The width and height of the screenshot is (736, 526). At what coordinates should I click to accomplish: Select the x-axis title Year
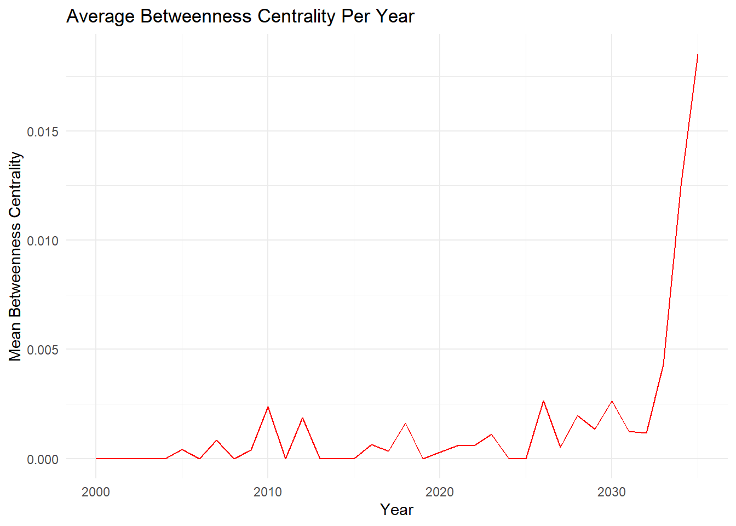point(396,510)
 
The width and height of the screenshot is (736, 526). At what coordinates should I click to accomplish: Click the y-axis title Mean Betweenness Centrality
point(15,256)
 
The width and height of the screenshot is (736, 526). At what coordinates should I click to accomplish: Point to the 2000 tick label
point(96,492)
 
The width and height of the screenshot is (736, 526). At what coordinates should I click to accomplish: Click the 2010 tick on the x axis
point(268,492)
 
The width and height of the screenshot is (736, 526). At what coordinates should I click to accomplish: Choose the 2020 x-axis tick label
point(440,492)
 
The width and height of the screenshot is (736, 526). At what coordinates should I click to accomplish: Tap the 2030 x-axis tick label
point(612,492)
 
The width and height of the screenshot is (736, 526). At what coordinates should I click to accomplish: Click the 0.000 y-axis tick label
point(43,459)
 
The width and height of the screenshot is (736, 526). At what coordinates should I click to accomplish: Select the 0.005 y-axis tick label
point(43,350)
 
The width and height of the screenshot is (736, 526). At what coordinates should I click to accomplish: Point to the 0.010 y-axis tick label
point(43,241)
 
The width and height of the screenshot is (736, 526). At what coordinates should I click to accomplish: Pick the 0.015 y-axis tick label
point(43,131)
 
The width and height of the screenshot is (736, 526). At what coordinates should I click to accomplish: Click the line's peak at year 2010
point(268,407)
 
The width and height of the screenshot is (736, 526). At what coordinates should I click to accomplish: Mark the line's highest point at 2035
point(698,55)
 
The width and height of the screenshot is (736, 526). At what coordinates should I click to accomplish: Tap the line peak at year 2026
point(543,401)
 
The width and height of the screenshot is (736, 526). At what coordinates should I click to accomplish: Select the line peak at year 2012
point(302,418)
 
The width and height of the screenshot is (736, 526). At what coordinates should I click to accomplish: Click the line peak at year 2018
point(405,423)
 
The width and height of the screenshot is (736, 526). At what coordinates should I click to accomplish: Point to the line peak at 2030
point(612,401)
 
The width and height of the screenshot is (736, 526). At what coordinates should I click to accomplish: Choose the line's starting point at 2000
point(96,459)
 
